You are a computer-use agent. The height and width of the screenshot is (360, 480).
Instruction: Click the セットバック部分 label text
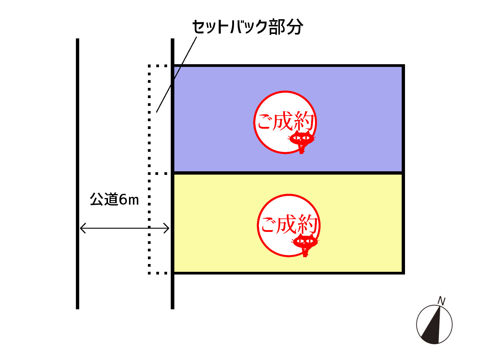point(247,27)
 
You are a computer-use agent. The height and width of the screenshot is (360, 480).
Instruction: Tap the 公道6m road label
point(114,199)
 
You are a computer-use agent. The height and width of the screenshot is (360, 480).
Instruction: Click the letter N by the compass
point(442,301)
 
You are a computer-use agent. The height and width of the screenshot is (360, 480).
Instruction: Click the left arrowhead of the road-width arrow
point(83,228)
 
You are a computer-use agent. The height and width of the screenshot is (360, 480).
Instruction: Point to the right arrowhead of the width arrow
point(166,228)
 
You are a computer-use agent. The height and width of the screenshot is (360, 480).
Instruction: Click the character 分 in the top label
point(295,27)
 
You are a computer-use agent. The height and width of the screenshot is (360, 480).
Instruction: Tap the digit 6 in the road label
point(123,199)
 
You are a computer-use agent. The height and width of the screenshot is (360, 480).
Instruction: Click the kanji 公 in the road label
point(96,199)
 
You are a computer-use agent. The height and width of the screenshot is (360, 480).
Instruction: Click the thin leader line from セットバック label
point(176,74)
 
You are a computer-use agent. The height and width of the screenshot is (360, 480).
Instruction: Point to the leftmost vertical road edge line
point(77,174)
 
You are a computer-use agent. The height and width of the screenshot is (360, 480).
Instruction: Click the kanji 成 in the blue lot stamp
point(283,121)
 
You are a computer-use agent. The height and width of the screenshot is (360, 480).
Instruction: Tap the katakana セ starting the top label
point(200,27)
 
